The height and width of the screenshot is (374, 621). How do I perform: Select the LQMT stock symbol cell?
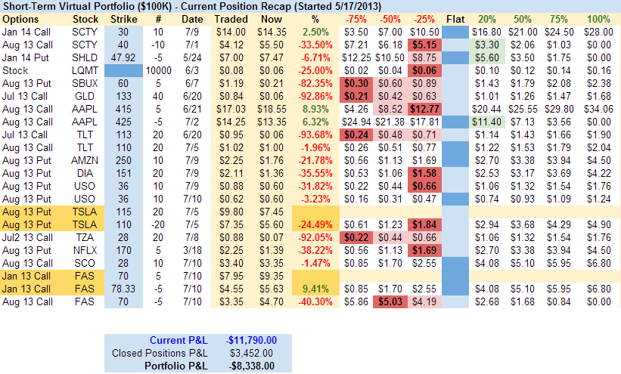(85, 70)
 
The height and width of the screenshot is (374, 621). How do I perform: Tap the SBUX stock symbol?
(85, 82)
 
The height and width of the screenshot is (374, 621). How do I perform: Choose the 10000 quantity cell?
(157, 70)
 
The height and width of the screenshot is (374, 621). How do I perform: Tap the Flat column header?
(455, 18)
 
